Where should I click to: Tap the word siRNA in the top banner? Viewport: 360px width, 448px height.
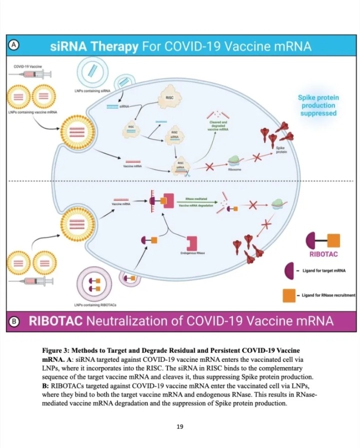click(70, 47)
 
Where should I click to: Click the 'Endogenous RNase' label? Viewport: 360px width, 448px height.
click(191, 254)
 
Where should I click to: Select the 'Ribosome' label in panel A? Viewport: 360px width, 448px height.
click(235, 170)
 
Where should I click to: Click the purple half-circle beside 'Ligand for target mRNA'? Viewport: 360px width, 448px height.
click(288, 271)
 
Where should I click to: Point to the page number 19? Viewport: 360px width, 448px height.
click(180, 426)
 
